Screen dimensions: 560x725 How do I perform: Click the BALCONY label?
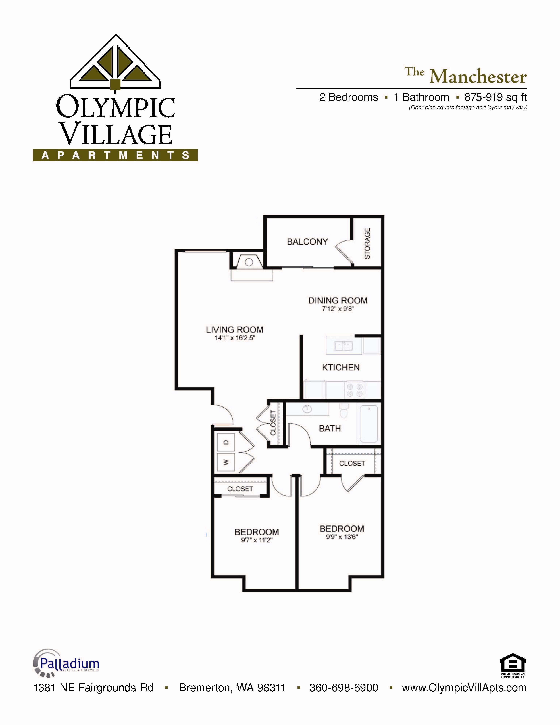[307, 242]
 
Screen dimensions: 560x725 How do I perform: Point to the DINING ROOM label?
[338, 300]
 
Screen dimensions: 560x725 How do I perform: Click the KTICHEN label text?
[341, 368]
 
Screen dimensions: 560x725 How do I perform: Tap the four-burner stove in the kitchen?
[354, 390]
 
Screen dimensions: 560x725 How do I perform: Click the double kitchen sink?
[343, 346]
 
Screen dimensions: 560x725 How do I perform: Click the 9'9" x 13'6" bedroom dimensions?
[342, 537]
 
